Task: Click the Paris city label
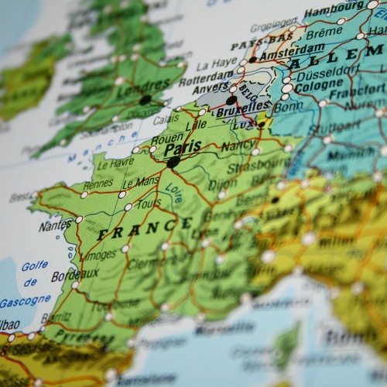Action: click(183, 147)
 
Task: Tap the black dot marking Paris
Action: click(173, 163)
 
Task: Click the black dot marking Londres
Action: click(146, 100)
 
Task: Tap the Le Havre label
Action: click(116, 163)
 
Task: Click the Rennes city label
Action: click(98, 185)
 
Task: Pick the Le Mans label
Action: click(141, 183)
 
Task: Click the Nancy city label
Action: click(237, 145)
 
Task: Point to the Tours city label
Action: click(147, 203)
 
